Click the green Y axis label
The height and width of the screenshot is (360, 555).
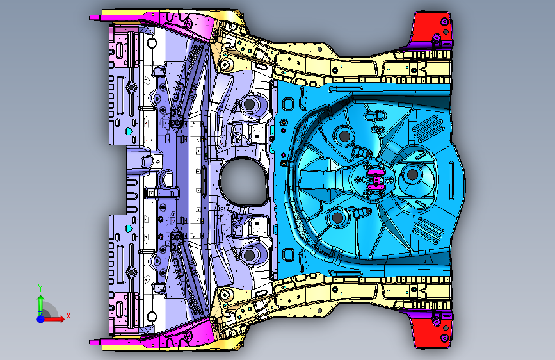[x=40, y=288]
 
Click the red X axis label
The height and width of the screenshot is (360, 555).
[x=68, y=316]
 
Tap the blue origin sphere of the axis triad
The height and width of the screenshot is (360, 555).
[x=41, y=319]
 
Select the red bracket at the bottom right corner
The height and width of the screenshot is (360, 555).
[x=431, y=329]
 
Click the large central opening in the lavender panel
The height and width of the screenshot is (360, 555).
[x=243, y=181]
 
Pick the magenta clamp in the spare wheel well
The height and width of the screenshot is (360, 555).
[x=375, y=179]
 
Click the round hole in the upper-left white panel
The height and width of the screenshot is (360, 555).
[x=152, y=43]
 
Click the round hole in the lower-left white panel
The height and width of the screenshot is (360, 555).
[x=152, y=316]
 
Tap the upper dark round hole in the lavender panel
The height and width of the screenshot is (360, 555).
[x=250, y=104]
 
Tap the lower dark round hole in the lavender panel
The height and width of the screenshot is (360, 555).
[x=250, y=255]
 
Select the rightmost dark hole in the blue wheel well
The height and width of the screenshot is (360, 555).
[x=412, y=174]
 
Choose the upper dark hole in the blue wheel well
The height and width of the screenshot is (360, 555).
[x=344, y=136]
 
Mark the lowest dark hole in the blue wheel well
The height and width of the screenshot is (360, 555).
[x=337, y=217]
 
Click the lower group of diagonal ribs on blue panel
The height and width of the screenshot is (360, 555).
[x=428, y=231]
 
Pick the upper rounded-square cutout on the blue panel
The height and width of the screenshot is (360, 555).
[x=288, y=104]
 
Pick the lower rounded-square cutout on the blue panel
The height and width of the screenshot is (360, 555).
[x=288, y=254]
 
